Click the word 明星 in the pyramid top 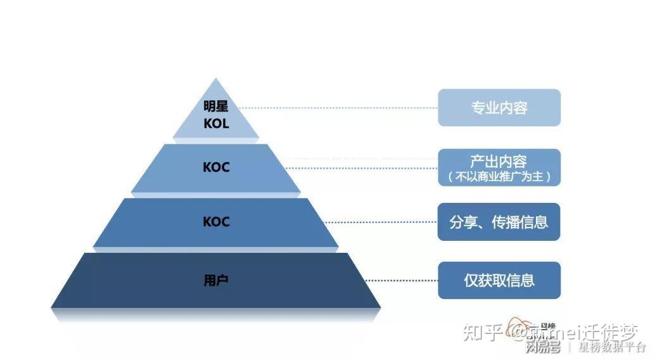(x=216, y=106)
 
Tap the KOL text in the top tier (x=216, y=123)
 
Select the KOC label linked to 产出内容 (x=216, y=168)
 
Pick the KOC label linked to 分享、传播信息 (x=216, y=222)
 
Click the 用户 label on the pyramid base (x=216, y=280)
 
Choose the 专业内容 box (x=499, y=108)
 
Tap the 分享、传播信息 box (x=499, y=222)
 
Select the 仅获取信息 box (x=499, y=280)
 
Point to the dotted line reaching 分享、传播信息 (x=380, y=222)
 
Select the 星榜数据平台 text (x=611, y=347)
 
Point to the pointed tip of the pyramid (x=217, y=80)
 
